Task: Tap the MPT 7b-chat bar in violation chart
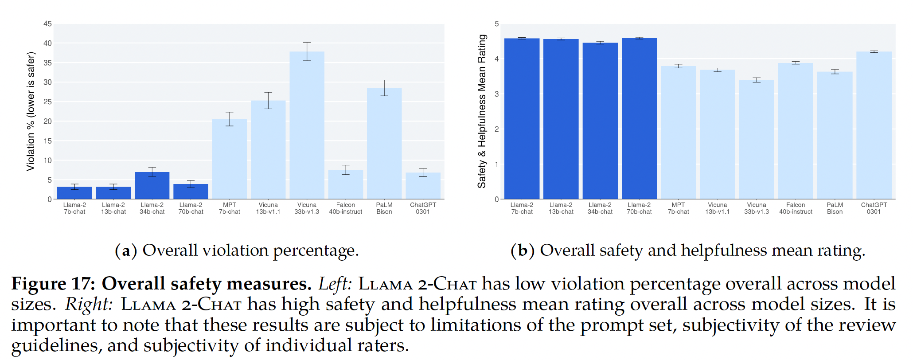(230, 159)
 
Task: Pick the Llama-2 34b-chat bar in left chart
(152, 186)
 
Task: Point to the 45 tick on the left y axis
(47, 24)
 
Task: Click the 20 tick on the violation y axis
(47, 121)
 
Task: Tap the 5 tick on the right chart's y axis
(497, 24)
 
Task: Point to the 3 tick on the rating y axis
(497, 94)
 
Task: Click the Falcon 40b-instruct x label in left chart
(346, 208)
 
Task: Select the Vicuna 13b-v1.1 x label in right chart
(718, 208)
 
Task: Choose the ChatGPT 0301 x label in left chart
(423, 208)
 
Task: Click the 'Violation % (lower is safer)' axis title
(31, 111)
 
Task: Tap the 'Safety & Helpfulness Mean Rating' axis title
(482, 111)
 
